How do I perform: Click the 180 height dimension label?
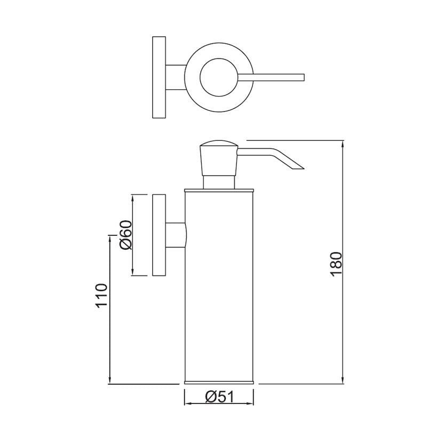tap(336, 263)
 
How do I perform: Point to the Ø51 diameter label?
tap(218, 397)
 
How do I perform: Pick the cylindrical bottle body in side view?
tap(218, 288)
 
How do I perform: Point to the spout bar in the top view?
tap(272, 76)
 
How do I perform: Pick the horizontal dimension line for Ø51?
tap(218, 405)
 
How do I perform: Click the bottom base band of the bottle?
tap(218, 383)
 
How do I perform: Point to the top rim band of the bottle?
tap(218, 189)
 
